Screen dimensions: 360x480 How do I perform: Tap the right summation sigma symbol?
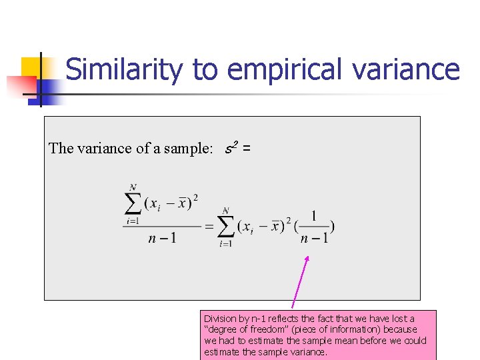pyautogui.click(x=227, y=227)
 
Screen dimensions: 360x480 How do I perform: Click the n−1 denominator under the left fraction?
pyautogui.click(x=162, y=238)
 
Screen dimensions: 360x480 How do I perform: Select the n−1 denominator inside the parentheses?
pyautogui.click(x=314, y=238)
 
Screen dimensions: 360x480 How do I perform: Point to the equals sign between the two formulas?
pyautogui.click(x=209, y=227)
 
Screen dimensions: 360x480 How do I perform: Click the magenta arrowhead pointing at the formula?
pyautogui.click(x=307, y=260)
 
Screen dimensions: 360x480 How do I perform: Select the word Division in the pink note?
pyautogui.click(x=219, y=319)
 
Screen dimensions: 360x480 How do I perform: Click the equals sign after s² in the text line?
pyautogui.click(x=247, y=148)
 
